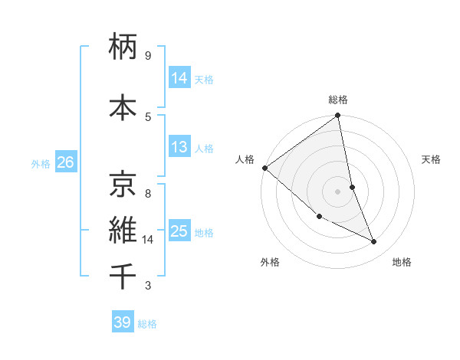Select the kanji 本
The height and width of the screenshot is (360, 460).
pos(123,107)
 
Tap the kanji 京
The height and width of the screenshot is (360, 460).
pos(123,183)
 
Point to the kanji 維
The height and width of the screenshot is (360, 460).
pos(123,229)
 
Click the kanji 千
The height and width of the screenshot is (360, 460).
pos(123,276)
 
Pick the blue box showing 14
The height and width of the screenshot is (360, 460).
pos(179,77)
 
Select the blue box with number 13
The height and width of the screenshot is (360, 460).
pos(179,147)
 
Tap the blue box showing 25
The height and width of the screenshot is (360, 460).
pos(179,231)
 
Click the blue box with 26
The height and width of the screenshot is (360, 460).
pos(65,162)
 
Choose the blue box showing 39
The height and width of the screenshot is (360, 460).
pos(123,322)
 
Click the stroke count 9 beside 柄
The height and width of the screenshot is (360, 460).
pos(148,56)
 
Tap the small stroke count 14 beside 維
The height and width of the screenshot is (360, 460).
pos(148,240)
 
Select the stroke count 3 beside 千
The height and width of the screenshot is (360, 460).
pos(148,286)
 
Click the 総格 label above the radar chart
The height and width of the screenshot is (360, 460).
pos(338,100)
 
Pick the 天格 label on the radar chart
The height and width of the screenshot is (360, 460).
pos(432,159)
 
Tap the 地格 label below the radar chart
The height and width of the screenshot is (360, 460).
pos(402,263)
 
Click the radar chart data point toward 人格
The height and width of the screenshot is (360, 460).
pos(264,168)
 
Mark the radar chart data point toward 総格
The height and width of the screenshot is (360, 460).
pos(338,116)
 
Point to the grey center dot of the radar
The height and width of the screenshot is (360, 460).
pos(337,191)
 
